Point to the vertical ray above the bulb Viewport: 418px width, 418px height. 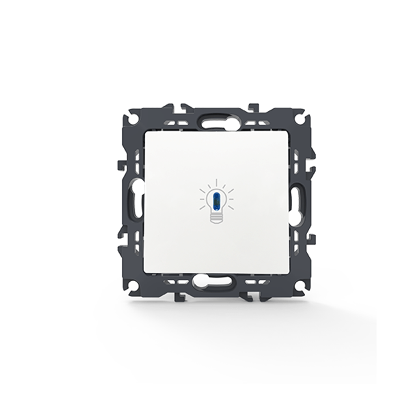click(216, 183)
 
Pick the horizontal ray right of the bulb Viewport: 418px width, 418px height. click(231, 199)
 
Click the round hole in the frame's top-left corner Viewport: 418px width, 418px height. click(134, 119)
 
